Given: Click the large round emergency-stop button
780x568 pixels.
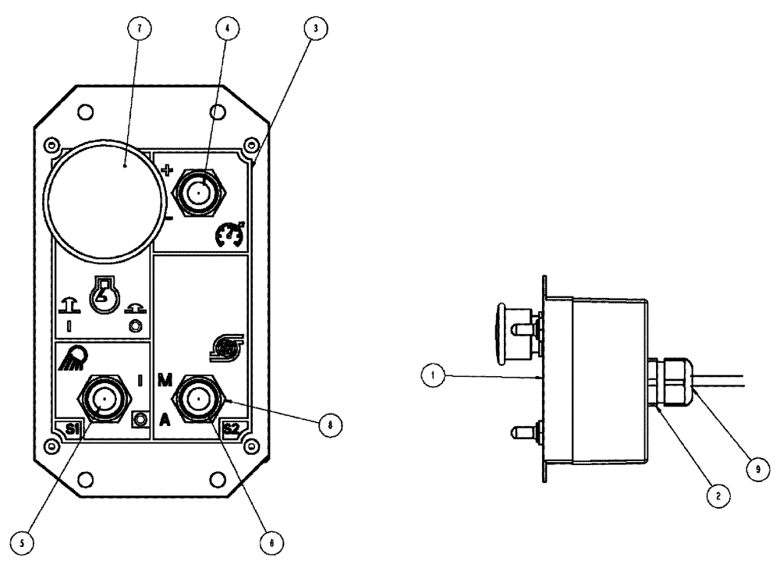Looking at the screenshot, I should click(x=105, y=200).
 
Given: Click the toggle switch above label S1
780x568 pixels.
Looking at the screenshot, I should click(x=102, y=400).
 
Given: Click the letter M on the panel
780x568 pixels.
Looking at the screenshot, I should click(x=165, y=381).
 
